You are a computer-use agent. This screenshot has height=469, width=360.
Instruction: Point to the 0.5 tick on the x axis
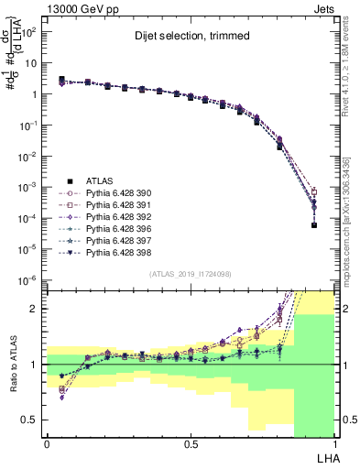pos(191,443)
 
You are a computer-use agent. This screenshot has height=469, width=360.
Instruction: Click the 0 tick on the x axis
pos(47,443)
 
